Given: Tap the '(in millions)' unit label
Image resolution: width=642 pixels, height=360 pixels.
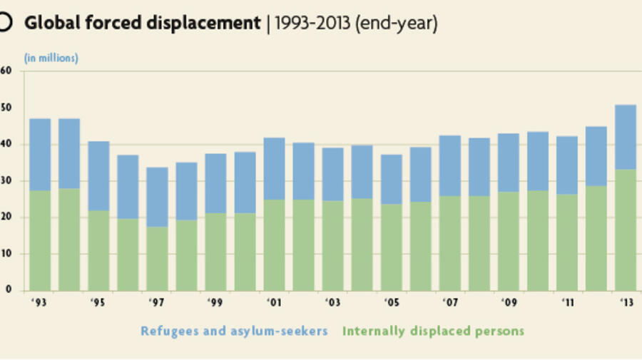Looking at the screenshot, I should (51, 58).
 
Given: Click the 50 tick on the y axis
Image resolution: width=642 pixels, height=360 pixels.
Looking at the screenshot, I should (6, 108).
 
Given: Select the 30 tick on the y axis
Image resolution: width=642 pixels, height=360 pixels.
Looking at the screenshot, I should (6, 181).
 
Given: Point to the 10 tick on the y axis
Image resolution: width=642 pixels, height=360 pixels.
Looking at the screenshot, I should (6, 254).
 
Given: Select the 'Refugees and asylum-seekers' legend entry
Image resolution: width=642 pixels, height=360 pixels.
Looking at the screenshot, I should (234, 331).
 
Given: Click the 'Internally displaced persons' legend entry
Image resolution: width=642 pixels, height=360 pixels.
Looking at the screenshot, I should (433, 331).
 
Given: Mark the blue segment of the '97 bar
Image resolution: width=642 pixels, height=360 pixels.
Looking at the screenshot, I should (157, 197).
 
